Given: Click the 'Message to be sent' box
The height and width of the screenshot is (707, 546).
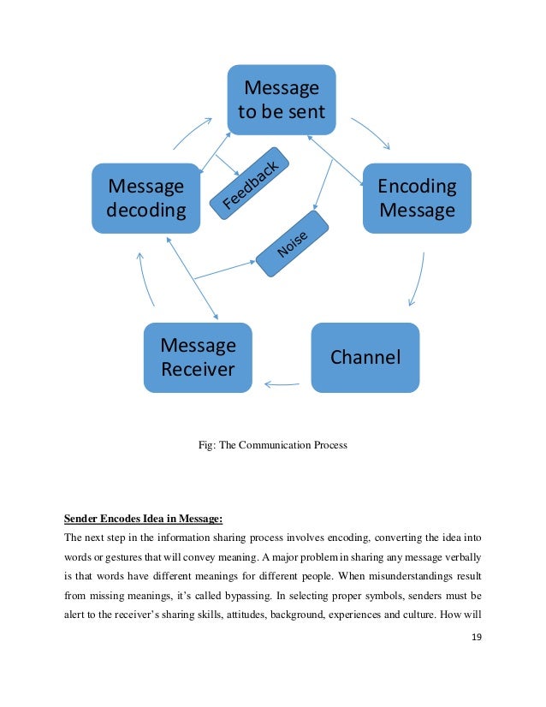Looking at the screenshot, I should coord(281,99).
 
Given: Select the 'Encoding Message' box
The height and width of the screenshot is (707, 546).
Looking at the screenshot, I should coord(417,198).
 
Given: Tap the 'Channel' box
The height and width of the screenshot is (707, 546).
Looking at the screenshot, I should coord(365,357).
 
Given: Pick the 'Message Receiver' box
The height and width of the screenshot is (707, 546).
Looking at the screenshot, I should coord(198,357).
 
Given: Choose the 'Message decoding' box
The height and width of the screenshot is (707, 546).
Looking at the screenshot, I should coord(145,198).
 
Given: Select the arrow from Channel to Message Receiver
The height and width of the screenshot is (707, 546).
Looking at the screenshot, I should coord(282,384).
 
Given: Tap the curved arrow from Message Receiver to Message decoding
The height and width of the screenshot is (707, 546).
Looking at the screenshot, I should coord(146,278).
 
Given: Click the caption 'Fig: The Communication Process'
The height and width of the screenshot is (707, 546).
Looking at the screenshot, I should coord(272,444).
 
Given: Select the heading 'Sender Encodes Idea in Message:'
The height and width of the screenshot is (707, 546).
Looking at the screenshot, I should coord(143,518).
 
